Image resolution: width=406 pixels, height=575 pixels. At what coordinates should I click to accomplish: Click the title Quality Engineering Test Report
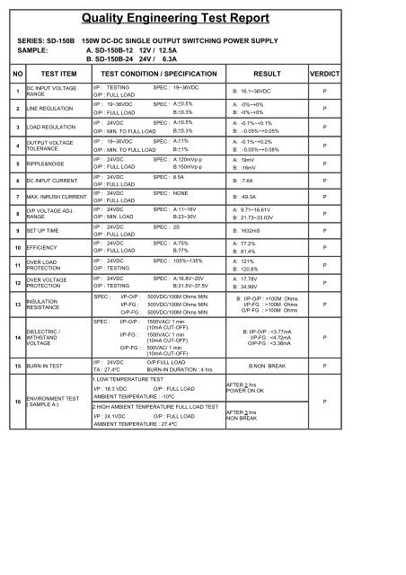(x=203, y=15)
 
